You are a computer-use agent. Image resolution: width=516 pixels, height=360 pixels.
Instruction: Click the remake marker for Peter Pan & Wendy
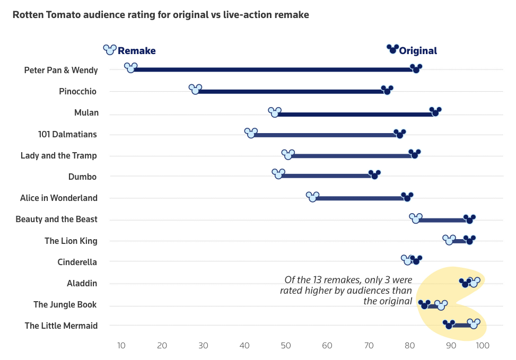[130, 68]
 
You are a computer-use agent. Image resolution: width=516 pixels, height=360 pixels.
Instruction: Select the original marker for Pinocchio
[387, 90]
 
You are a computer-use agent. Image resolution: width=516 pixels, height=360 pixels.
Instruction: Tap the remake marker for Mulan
[275, 113]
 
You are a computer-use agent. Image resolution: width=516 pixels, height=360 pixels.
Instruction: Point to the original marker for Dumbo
[374, 175]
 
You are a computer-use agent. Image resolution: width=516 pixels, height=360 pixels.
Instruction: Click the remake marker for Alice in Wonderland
[313, 197]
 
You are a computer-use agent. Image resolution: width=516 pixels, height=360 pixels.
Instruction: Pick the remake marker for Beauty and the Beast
[416, 218]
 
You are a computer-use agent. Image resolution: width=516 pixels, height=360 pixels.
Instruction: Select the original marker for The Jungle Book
[424, 305]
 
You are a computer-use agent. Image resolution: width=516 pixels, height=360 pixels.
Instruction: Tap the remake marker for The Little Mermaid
[474, 324]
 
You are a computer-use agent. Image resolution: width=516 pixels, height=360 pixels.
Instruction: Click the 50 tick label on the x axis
[286, 346]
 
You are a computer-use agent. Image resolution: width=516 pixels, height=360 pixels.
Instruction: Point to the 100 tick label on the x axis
[482, 346]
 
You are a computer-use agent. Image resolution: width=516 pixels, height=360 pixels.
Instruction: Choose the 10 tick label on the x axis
[121, 346]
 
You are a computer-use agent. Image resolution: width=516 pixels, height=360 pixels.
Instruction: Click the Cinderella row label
[77, 262]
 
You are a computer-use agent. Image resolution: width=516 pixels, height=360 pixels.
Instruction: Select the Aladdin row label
[82, 283]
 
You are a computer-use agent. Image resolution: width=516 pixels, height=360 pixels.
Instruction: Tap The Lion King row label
[71, 241]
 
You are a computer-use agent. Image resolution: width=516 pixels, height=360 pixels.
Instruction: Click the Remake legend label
[136, 51]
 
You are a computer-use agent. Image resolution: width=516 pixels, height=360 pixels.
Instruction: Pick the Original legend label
[418, 51]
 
